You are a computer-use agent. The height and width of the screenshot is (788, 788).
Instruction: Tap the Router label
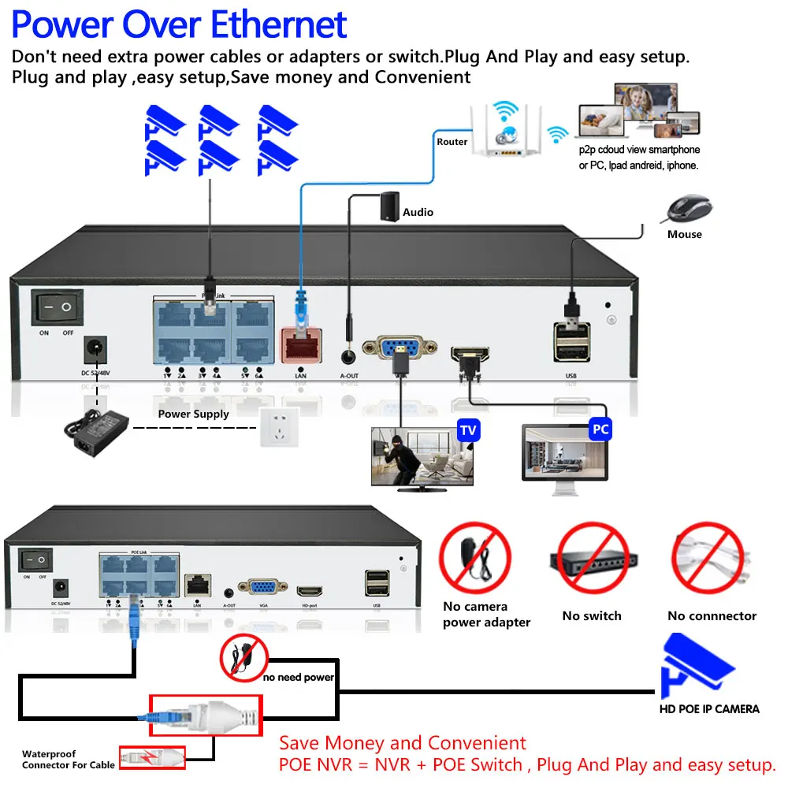(452, 142)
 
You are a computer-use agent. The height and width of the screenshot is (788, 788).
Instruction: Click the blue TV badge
(468, 430)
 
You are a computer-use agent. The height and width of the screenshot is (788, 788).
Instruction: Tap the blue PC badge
(600, 430)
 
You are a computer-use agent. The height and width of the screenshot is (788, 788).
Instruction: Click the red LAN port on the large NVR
(300, 344)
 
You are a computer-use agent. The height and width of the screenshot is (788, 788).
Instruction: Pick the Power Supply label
(194, 414)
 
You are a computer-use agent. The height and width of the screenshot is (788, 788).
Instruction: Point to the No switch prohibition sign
(592, 559)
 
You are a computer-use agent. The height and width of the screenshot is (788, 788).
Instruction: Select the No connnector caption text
(712, 616)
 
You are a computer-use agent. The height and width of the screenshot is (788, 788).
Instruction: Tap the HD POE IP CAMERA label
(709, 709)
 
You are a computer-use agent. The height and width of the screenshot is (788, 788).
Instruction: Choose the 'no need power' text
(299, 677)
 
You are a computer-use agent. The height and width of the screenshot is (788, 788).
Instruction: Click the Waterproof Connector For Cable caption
(69, 760)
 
